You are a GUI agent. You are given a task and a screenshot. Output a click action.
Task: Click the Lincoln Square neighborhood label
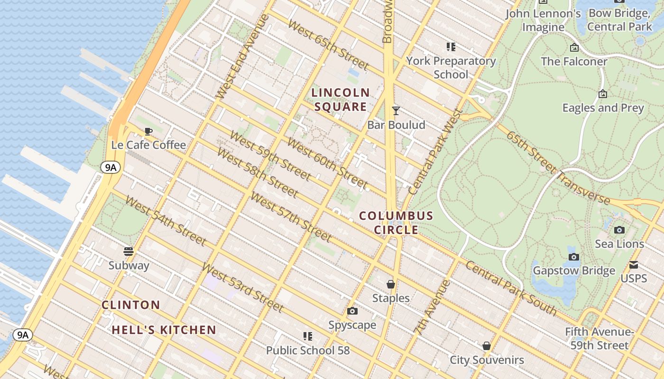pos(341,99)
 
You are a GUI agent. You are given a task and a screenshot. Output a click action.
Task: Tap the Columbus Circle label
pos(396,223)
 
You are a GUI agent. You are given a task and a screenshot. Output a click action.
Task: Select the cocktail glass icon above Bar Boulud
pos(396,111)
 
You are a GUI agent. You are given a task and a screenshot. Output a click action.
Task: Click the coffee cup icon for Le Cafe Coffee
pos(148,131)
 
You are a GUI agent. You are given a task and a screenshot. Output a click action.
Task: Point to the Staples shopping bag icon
pos(391,284)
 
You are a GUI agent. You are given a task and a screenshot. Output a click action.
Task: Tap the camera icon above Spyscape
pos(352,311)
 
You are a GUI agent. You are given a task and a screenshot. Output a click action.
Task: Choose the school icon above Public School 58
pos(307,336)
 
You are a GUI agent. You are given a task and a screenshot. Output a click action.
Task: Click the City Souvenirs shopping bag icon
pos(487,346)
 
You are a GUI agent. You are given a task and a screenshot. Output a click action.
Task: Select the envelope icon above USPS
pos(634,265)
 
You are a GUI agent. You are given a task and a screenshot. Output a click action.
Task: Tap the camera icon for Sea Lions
pos(619,230)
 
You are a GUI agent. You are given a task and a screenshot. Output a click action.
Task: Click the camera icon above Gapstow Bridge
pos(574,257)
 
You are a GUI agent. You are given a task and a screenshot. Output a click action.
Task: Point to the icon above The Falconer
pos(574,47)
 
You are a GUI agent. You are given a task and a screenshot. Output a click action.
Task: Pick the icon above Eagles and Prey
pos(603,94)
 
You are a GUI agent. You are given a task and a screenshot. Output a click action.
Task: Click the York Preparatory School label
pos(451,67)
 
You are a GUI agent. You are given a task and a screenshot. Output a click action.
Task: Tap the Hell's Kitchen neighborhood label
pos(164,330)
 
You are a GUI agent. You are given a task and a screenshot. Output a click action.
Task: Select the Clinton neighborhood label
pos(131,305)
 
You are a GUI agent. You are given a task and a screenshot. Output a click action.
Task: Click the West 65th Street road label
pos(328,45)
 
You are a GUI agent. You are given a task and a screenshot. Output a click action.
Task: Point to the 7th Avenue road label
pos(431,308)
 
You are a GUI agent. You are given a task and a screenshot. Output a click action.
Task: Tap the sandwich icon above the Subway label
pos(129,251)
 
